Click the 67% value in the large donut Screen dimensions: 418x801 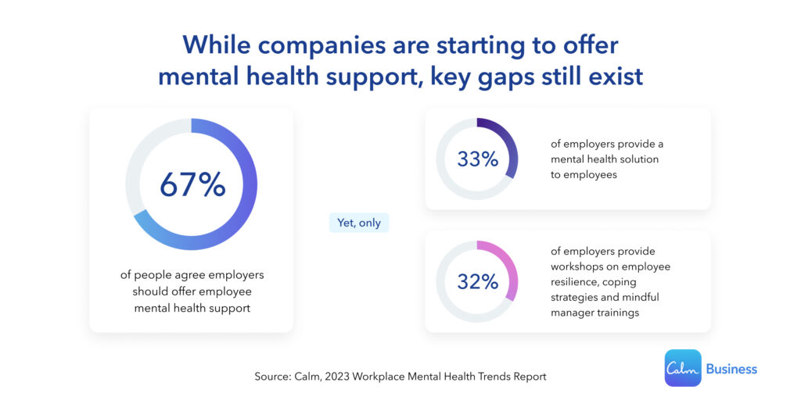tap(192, 184)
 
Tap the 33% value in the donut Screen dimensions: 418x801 tap(477, 159)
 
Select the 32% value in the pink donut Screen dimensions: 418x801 tap(477, 282)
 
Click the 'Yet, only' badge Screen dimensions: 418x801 tap(358, 223)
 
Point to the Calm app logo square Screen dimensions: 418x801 tap(682, 367)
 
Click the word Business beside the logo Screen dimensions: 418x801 tap(731, 368)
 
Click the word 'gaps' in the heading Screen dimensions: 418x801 tap(487, 77)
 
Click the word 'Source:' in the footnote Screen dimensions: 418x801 tap(273, 377)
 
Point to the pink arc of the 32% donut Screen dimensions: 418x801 tap(508, 270)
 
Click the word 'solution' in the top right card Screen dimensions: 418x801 tap(638, 159)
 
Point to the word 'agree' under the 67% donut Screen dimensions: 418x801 tap(184, 275)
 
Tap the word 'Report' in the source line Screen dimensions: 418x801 tap(528, 377)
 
